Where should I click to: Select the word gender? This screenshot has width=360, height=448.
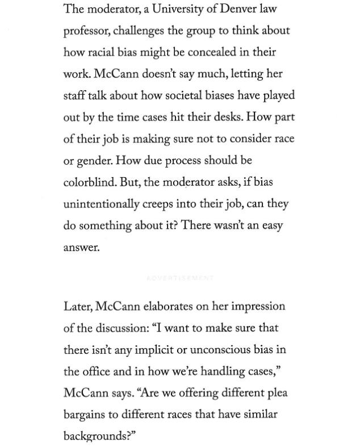click(x=93, y=161)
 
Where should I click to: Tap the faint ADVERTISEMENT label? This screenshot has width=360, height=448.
click(x=180, y=278)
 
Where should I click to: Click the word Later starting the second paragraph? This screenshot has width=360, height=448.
click(x=77, y=307)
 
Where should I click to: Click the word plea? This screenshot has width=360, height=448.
click(x=280, y=393)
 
